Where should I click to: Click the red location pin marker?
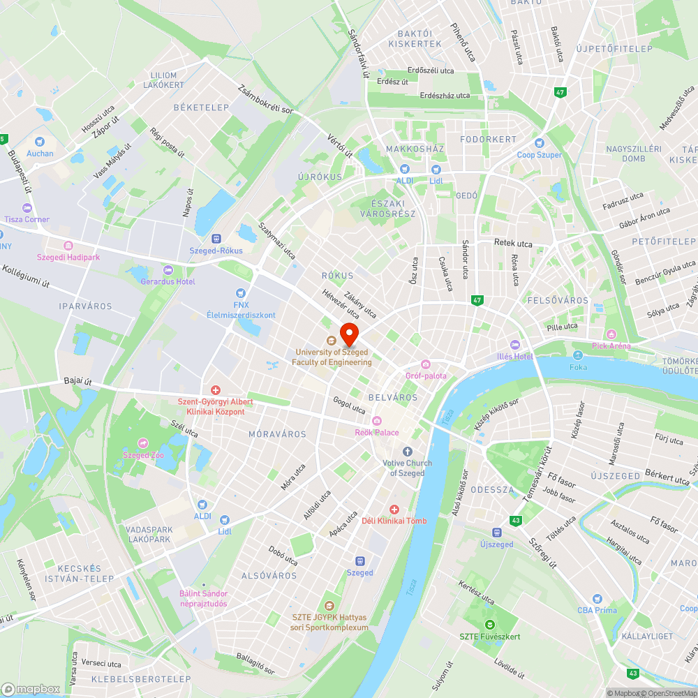pos(349,334)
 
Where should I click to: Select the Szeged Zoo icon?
pos(143,443)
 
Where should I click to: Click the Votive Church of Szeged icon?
pos(408,452)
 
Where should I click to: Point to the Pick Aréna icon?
pos(612,334)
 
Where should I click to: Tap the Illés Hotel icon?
pos(515,345)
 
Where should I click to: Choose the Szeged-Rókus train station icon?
pos(216,239)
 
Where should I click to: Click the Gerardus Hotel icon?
pos(168,270)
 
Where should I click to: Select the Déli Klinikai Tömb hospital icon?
pos(394,510)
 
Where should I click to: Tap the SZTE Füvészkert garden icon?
pos(490,624)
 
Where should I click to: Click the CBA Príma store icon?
pos(597,599)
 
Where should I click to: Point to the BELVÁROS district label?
pos(397,397)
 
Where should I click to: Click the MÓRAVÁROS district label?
pos(277,434)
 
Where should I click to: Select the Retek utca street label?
pos(513,244)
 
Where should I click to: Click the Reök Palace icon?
pos(377,420)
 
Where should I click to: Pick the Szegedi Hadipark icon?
pos(68,246)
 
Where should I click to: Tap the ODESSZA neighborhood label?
pos(492,490)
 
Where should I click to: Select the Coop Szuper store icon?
pos(541,143)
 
